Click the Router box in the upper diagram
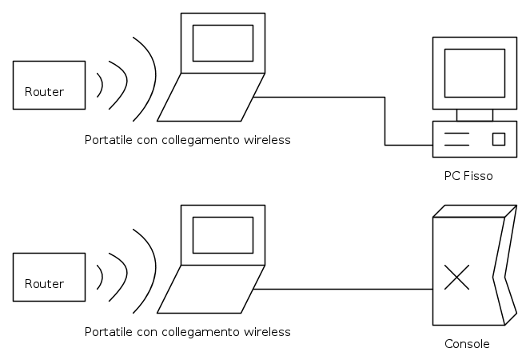pos(49,85)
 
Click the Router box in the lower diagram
pos(49,277)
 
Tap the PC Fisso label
pos(468,175)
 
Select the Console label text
pos(467,344)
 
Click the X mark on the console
pos(456,277)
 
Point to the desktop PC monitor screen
pos(474,72)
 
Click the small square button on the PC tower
pos(499,138)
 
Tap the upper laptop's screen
pos(223,42)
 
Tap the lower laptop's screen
pos(223,234)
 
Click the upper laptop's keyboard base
pos(210,97)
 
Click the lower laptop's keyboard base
pos(210,289)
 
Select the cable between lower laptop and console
pos(344,289)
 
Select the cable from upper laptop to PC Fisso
pos(385,120)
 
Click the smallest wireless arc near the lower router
pos(101,276)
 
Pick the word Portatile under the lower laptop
pos(106,331)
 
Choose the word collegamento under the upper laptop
pos(201,140)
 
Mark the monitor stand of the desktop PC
pos(474,114)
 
